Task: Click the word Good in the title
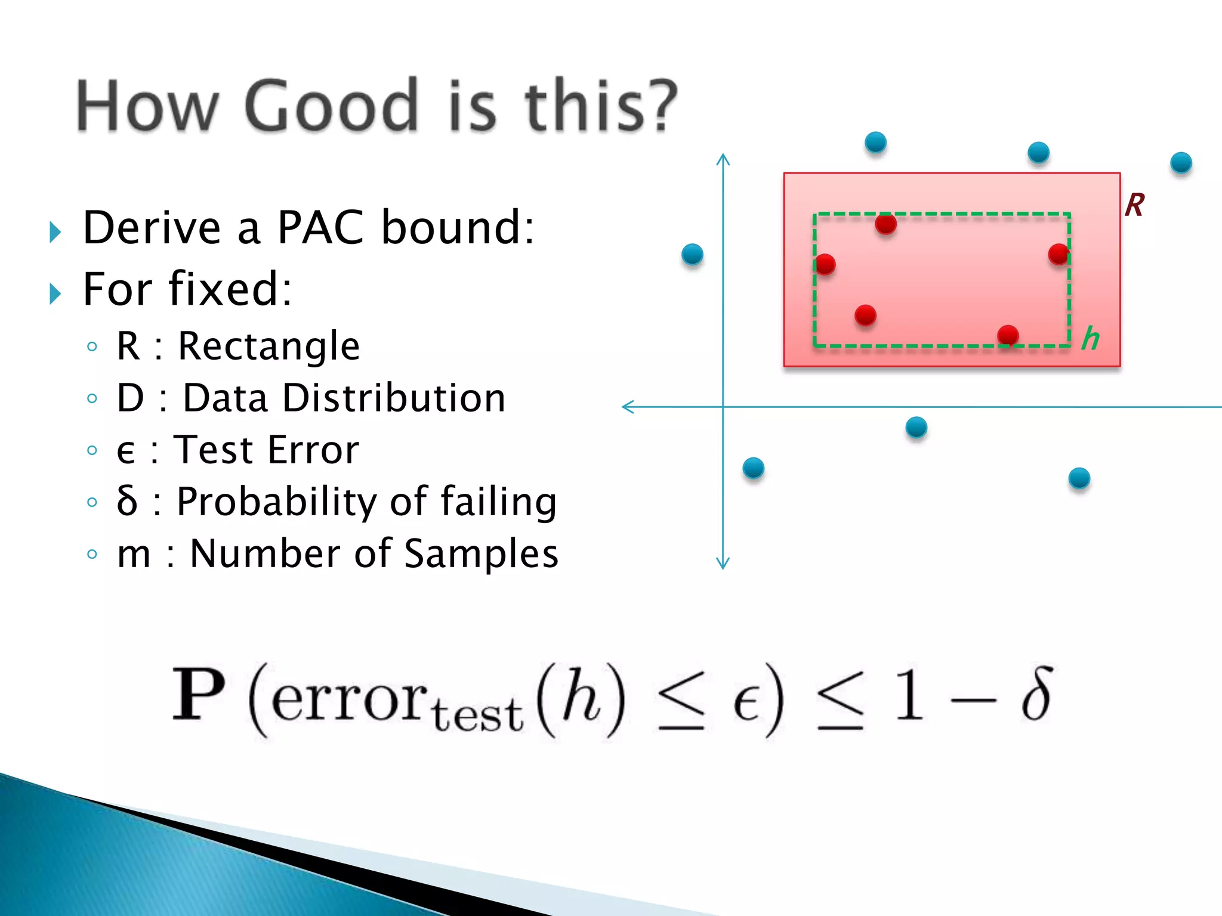(x=331, y=106)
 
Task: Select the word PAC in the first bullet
(x=320, y=228)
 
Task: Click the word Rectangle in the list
(x=269, y=346)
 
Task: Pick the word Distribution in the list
(x=394, y=398)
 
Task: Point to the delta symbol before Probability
(x=126, y=500)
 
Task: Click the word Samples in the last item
(x=481, y=553)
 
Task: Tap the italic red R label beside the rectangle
(x=1134, y=205)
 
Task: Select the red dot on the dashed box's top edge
(x=886, y=224)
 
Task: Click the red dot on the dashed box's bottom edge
(x=1008, y=335)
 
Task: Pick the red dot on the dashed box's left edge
(x=825, y=264)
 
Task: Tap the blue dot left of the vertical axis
(x=692, y=254)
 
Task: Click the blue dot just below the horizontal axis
(x=916, y=427)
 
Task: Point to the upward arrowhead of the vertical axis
(x=723, y=158)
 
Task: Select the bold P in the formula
(x=199, y=695)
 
